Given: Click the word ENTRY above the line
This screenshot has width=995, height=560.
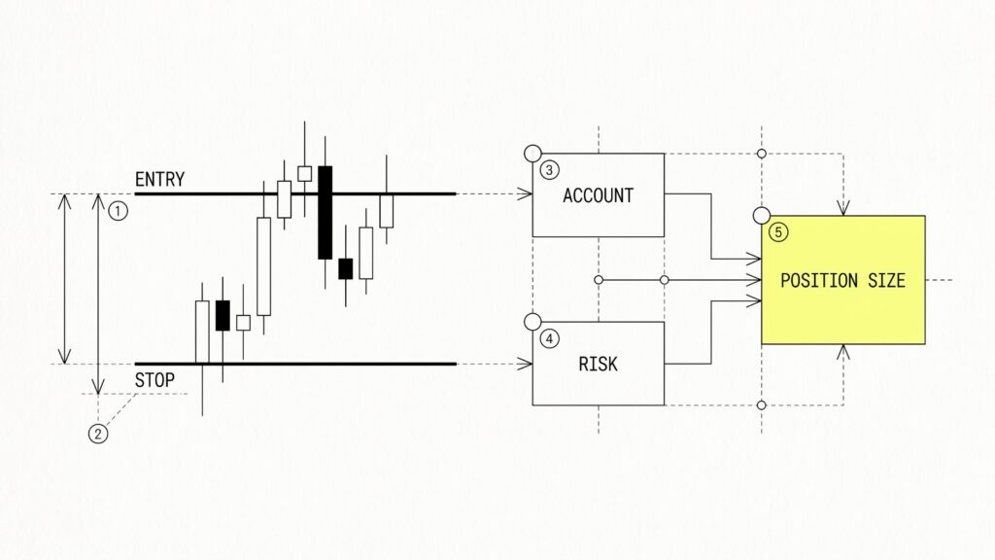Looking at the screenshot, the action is coord(160,180).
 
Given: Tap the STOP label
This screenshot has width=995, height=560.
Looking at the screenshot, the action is coord(154,380).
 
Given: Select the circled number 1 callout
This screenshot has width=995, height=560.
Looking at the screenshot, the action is coord(118,211).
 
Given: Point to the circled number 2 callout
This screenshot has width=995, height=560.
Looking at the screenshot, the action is coord(98,434).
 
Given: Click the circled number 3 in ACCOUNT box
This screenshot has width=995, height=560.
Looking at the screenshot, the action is coord(550,170).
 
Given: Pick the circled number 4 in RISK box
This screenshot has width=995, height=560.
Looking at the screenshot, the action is coord(550,339).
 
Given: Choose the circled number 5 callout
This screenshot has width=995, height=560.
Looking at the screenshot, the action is coord(778,232).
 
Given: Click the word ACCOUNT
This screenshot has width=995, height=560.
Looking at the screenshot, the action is coord(598,195).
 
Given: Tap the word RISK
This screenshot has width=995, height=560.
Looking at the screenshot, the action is coord(598,364).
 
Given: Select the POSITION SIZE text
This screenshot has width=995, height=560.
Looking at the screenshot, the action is coord(842,281).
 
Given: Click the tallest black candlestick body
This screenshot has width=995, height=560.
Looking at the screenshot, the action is coord(325,213).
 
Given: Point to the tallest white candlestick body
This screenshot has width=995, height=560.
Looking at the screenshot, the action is coord(264,266).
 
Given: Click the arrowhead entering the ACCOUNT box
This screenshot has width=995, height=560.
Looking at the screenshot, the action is coord(526,193).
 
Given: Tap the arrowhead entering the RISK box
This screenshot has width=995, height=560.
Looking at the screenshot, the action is coord(526,364).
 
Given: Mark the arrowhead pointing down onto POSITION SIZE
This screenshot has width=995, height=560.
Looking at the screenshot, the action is coord(843,208).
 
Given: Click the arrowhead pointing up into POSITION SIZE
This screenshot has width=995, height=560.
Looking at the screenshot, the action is coord(843,352).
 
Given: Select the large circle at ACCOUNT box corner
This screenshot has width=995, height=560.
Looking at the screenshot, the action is coord(533,153).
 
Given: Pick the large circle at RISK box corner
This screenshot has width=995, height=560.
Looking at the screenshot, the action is coord(533,322).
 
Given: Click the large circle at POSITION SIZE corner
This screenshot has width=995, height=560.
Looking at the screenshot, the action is coord(762,216).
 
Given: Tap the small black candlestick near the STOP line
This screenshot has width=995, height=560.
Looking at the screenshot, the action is coord(223,316).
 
